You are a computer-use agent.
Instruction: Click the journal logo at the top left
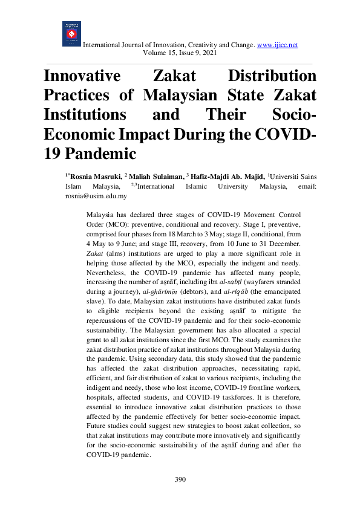(71, 34)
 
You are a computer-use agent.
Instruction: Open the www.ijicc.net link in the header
(278, 45)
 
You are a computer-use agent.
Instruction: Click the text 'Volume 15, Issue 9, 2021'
(180, 53)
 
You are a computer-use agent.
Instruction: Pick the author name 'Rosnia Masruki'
(94, 160)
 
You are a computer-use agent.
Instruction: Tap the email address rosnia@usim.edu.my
(96, 179)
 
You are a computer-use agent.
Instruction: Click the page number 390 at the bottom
(180, 479)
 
